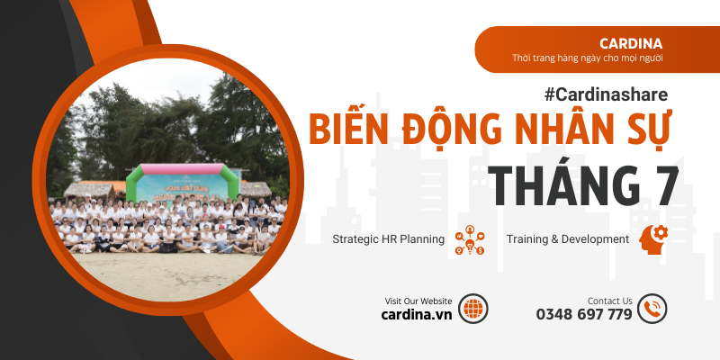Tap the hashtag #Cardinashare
606,93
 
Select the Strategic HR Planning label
389,239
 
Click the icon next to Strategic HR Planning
470,240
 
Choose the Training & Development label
567,239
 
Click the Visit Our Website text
418,301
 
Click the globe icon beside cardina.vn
472,308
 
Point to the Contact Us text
609,301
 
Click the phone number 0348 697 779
584,315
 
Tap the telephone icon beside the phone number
652,308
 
